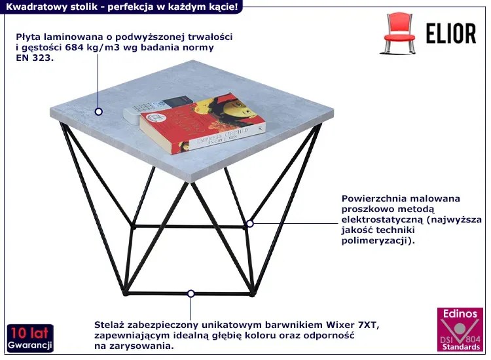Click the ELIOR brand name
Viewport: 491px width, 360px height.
[451, 33]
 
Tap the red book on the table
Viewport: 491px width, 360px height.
[202, 124]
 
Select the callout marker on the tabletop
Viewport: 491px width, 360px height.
[99, 111]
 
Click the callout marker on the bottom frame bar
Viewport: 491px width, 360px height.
[191, 294]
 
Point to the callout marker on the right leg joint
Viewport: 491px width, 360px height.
[250, 224]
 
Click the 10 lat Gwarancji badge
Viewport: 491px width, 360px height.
[30, 338]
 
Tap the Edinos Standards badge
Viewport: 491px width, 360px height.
[460, 329]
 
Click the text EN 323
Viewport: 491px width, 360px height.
[35, 58]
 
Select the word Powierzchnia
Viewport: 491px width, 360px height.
[374, 198]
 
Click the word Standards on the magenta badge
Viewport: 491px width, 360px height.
[461, 347]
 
